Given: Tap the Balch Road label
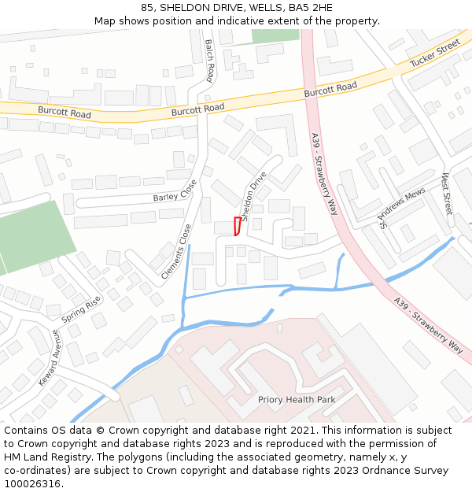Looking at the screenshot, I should point(209,61).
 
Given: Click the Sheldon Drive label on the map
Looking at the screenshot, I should point(254,197).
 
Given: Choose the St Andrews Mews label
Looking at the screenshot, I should point(402,207).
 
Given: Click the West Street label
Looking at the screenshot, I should point(447,194).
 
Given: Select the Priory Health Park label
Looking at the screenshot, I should point(297,400).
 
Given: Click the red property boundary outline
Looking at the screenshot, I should point(236,226).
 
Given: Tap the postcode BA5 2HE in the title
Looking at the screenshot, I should point(311,8).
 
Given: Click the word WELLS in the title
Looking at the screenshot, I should point(266,8).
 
